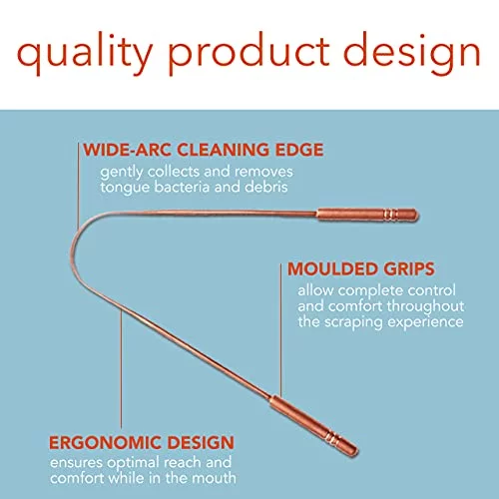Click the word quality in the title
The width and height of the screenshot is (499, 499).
click(x=84, y=53)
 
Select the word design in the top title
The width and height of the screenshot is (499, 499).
click(x=412, y=53)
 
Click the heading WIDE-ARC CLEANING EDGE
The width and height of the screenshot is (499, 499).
click(x=204, y=150)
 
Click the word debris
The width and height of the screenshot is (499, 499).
click(x=266, y=187)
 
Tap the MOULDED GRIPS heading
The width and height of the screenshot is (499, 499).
click(x=361, y=268)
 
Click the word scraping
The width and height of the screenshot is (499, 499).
click(x=353, y=322)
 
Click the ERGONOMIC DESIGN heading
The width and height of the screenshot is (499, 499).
click(x=142, y=443)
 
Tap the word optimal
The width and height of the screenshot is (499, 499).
click(x=134, y=463)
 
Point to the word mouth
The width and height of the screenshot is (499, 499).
click(x=215, y=478)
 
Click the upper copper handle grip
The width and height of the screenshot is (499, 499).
click(x=367, y=215)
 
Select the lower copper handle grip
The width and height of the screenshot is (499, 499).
click(x=313, y=425)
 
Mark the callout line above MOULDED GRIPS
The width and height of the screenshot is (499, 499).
click(x=280, y=330)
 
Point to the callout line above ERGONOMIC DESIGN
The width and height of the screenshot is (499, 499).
click(x=121, y=368)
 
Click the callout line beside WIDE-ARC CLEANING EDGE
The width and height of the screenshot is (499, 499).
click(x=79, y=186)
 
